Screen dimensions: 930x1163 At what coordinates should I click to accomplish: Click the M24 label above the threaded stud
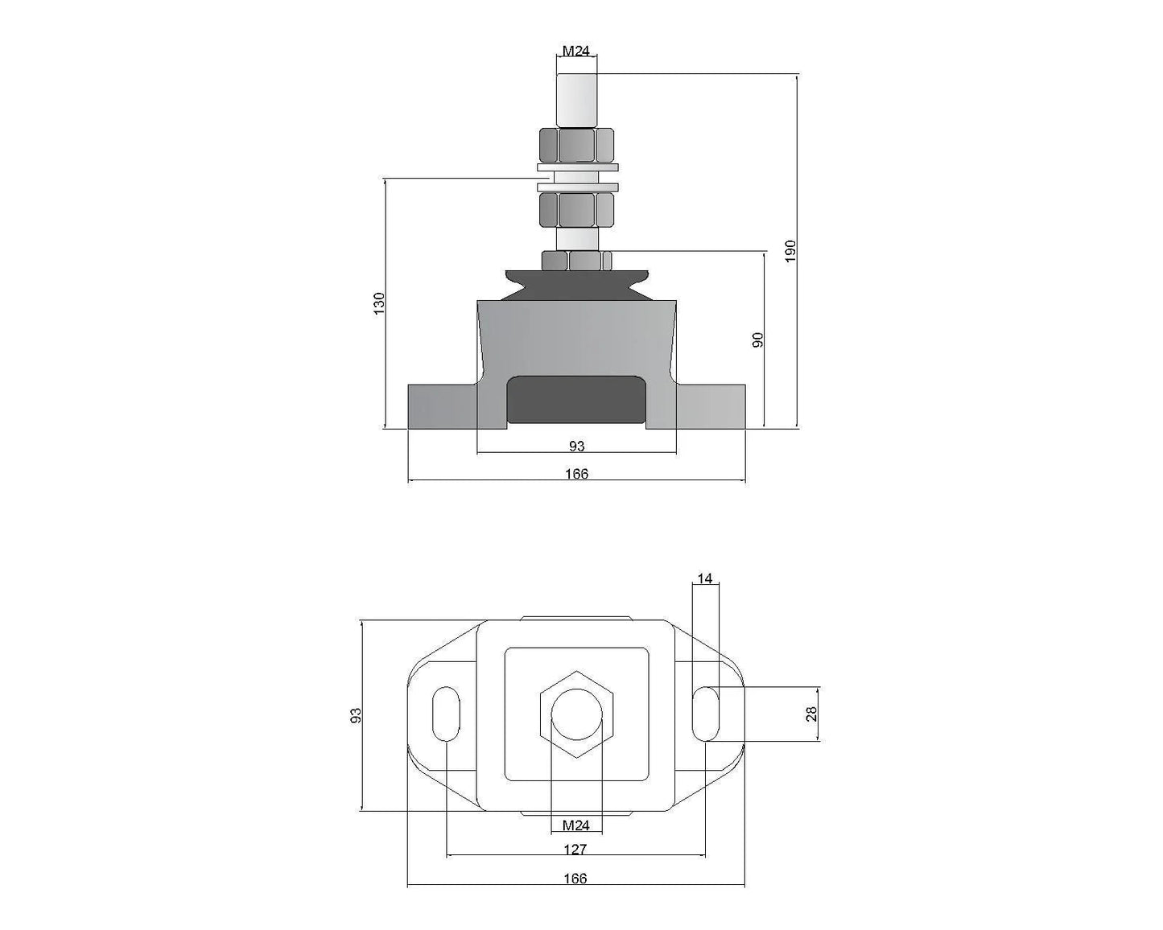[x=575, y=51]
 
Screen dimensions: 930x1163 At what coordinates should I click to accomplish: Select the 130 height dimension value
[x=379, y=303]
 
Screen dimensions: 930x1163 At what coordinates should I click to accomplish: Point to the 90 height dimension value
[x=757, y=339]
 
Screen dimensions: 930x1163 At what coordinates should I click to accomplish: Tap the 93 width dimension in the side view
[x=576, y=446]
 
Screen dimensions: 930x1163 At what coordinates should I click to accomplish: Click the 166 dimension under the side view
[x=576, y=474]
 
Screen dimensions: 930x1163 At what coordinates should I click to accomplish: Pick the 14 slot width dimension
[x=705, y=578]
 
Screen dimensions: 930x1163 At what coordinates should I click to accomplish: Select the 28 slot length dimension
[x=811, y=713]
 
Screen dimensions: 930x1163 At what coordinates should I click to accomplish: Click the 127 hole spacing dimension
[x=575, y=849]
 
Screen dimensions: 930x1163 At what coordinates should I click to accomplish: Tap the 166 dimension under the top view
[x=575, y=879]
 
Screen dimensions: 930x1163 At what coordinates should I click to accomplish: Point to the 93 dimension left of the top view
[x=356, y=714]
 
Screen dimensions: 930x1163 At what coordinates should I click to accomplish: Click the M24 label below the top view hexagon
[x=575, y=825]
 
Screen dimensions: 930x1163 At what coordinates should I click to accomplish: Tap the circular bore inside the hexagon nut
[x=575, y=714]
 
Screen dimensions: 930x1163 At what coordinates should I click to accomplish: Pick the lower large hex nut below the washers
[x=576, y=210]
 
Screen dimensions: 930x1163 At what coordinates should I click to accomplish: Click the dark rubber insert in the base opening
[x=576, y=400]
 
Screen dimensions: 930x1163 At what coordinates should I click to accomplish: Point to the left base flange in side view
[x=442, y=407]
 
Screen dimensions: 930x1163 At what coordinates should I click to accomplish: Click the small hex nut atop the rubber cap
[x=576, y=261]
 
